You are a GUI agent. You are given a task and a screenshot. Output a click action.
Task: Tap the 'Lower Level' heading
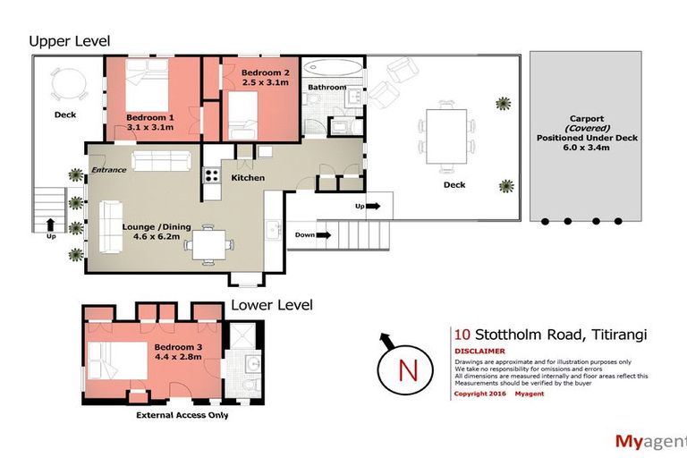coord(272,305)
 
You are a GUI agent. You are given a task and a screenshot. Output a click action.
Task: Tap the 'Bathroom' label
coord(327,87)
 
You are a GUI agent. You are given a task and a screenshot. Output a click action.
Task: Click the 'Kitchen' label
coord(248,178)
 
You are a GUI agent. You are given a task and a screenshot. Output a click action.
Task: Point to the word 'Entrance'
coord(108,170)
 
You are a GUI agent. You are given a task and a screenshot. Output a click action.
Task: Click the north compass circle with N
coord(408,369)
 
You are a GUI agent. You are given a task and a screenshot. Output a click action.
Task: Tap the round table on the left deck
coord(68,86)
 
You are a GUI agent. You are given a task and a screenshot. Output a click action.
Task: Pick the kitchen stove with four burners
coord(212,174)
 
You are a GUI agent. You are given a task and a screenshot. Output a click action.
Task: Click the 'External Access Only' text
coord(182,415)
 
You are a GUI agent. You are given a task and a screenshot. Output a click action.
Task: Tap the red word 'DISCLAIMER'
coord(480,352)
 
